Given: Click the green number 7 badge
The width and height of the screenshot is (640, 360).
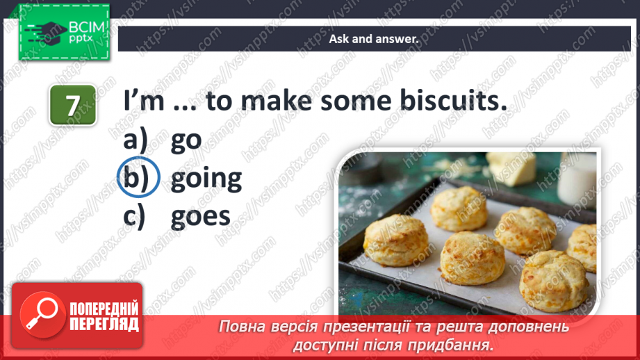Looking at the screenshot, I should pyautogui.click(x=72, y=105).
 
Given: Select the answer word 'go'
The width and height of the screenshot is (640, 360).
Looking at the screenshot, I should pyautogui.click(x=186, y=140).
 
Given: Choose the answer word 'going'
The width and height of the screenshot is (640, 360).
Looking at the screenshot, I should pyautogui.click(x=206, y=179).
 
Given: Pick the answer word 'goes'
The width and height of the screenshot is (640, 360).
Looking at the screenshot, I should pyautogui.click(x=200, y=216).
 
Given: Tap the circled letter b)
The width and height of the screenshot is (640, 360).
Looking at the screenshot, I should pyautogui.click(x=138, y=179).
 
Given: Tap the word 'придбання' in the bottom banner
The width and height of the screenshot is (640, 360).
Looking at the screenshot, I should pyautogui.click(x=458, y=345).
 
